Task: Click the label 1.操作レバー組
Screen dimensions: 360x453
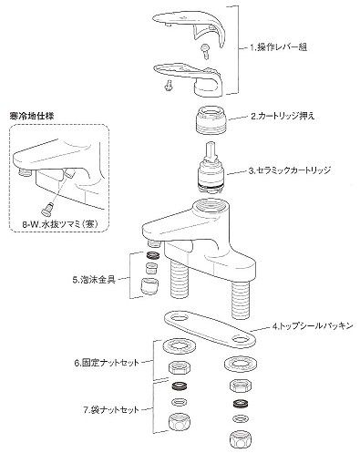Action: pos(278,47)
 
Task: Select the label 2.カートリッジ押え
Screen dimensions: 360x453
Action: pos(283,116)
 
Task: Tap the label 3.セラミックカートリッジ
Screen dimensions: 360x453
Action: pos(289,170)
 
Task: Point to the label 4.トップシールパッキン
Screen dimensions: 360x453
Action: pos(313,326)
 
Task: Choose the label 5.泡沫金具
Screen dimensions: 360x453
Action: pos(94,280)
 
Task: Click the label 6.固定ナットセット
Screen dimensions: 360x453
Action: pos(107,363)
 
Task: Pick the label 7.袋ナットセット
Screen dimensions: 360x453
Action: pos(110,410)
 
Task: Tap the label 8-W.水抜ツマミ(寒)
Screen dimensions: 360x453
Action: pos(59,224)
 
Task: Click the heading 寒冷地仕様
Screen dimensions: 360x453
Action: pos(32,116)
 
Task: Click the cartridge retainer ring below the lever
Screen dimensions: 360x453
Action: pos(212,119)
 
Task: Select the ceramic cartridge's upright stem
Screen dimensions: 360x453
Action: pos(211,151)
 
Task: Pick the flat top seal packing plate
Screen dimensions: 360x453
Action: pos(210,329)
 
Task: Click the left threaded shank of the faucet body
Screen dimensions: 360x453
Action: pos(180,278)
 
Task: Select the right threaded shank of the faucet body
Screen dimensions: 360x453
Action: pos(242,300)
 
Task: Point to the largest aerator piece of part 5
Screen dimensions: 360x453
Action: pos(149,285)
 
